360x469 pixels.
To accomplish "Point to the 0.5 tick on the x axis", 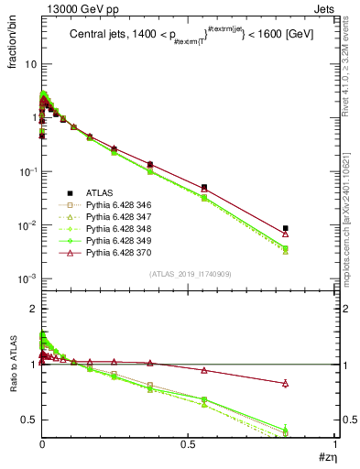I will click(189, 443).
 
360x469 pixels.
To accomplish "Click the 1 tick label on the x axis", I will click(335, 443).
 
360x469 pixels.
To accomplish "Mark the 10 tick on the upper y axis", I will click(30, 64).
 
